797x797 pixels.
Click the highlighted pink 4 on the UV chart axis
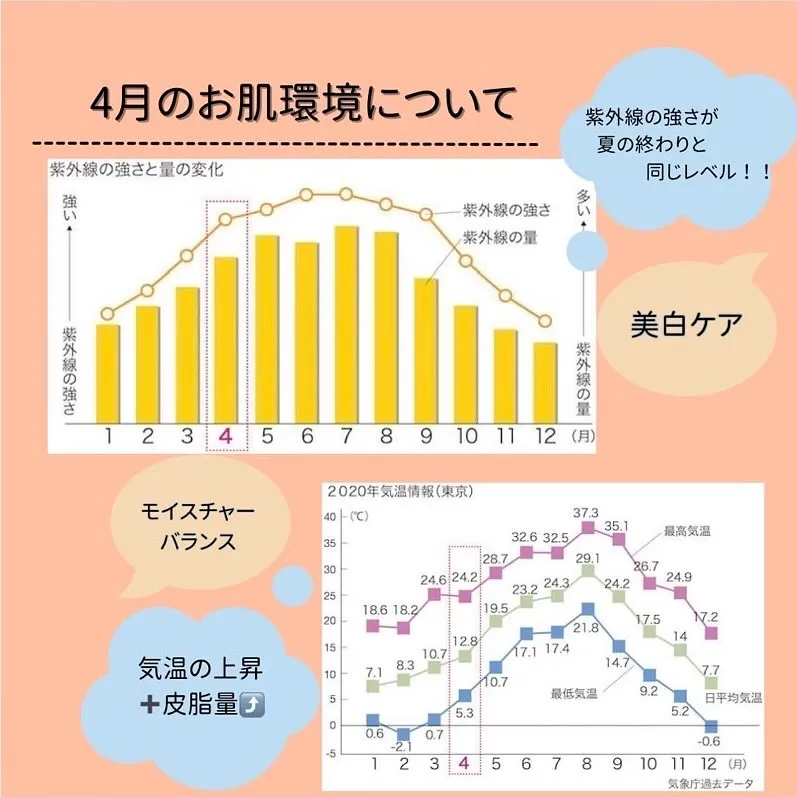tap(226, 436)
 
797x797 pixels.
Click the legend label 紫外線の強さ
tap(506, 212)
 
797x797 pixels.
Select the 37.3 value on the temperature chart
tap(588, 513)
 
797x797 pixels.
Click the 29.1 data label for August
tap(587, 558)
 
